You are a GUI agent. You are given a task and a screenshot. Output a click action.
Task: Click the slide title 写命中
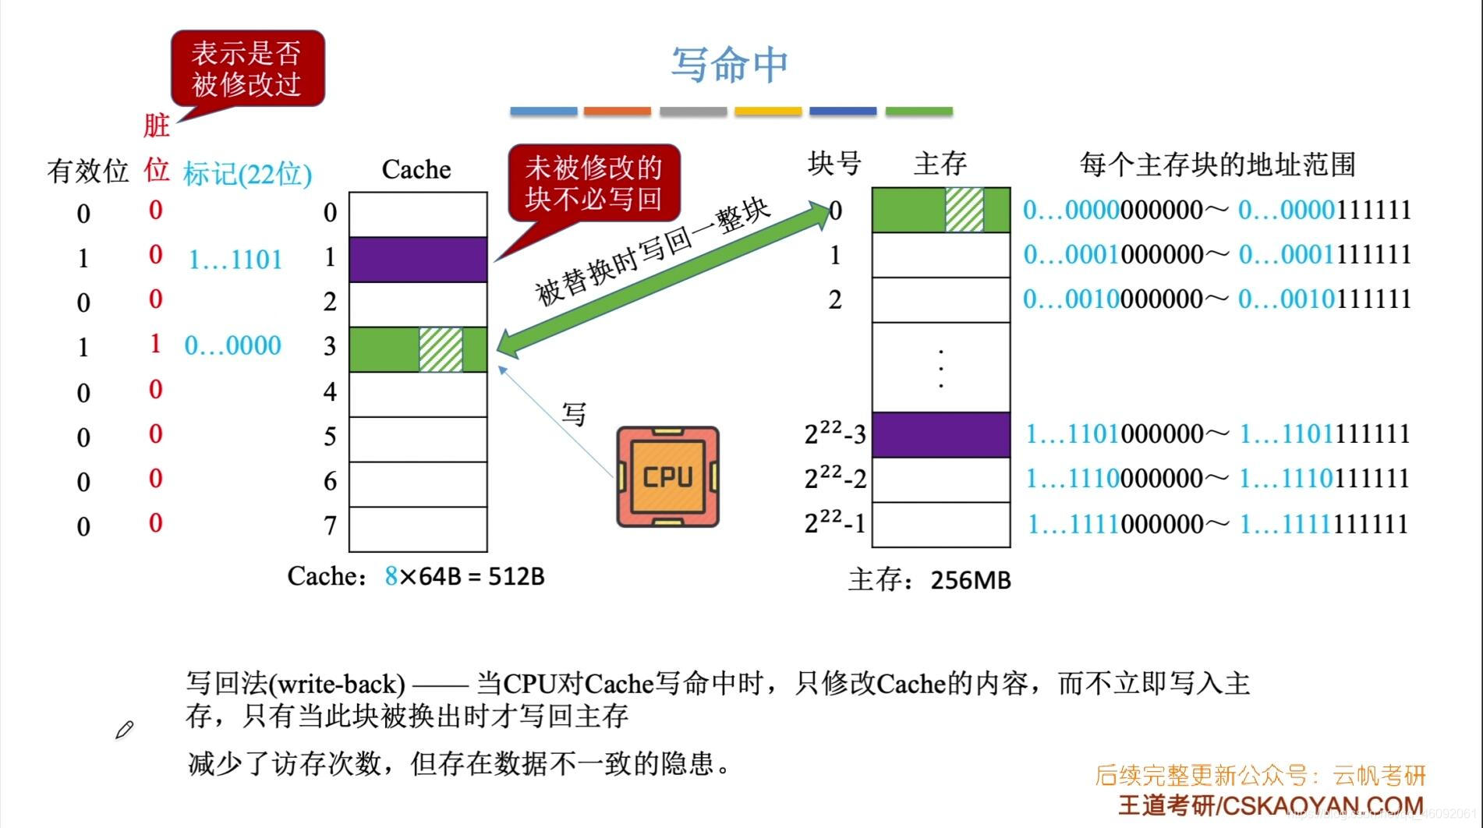coord(729,65)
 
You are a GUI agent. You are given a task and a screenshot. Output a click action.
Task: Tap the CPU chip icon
coord(667,476)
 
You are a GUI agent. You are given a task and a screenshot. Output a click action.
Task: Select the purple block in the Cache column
coord(418,260)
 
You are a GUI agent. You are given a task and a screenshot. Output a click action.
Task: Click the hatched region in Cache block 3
coord(441,349)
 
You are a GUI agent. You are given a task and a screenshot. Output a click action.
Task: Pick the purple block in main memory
coord(940,434)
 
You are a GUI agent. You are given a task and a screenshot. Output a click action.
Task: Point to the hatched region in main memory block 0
coord(964,210)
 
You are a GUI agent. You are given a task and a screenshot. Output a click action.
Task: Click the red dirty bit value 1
coord(155,343)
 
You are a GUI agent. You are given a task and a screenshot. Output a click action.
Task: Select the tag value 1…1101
coord(235,260)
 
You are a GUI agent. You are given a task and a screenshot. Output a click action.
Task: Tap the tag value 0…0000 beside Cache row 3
coord(232,345)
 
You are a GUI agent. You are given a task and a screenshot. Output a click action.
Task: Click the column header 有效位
coord(87,171)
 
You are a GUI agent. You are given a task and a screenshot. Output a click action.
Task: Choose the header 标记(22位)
coord(247,174)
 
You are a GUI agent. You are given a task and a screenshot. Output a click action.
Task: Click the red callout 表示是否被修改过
coord(246,69)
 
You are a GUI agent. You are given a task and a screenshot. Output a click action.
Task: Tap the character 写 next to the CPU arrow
coord(574,414)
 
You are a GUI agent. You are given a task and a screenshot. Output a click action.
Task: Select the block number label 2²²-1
coord(835,523)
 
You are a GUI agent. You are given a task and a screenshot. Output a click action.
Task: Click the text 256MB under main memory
coord(971,581)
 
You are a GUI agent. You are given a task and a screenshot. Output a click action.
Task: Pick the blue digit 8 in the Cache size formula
coord(391,576)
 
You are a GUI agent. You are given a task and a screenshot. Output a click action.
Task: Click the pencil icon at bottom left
coord(124,730)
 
